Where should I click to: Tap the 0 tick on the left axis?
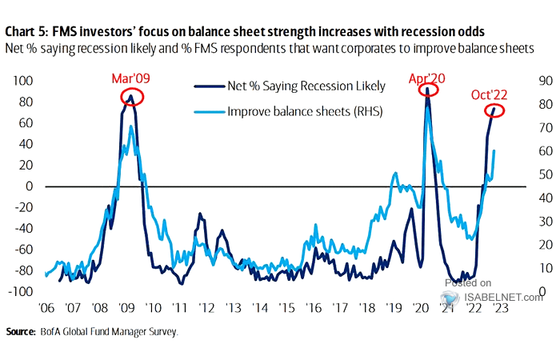[x=29, y=186]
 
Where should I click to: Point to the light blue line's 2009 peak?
[x=132, y=126]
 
